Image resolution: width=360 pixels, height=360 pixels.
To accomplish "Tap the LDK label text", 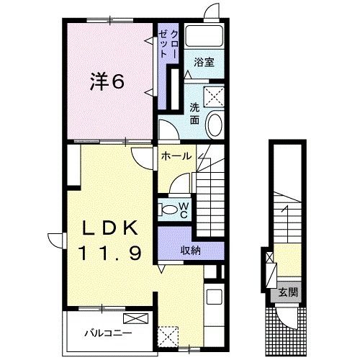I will pyautogui.click(x=109, y=228).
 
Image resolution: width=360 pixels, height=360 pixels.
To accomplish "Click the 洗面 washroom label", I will pyautogui.click(x=195, y=113).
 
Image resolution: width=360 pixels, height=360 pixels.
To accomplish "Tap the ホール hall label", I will pyautogui.click(x=176, y=156).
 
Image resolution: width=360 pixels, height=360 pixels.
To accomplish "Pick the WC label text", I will pyautogui.click(x=184, y=209).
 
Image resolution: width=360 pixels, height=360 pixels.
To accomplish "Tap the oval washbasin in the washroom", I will pyautogui.click(x=215, y=125).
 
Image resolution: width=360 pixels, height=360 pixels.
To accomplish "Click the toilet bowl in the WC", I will pyautogui.click(x=168, y=210).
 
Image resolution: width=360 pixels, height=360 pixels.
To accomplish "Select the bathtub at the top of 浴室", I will pyautogui.click(x=204, y=37).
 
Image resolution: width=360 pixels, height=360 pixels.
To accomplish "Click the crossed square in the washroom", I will pyautogui.click(x=213, y=96).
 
